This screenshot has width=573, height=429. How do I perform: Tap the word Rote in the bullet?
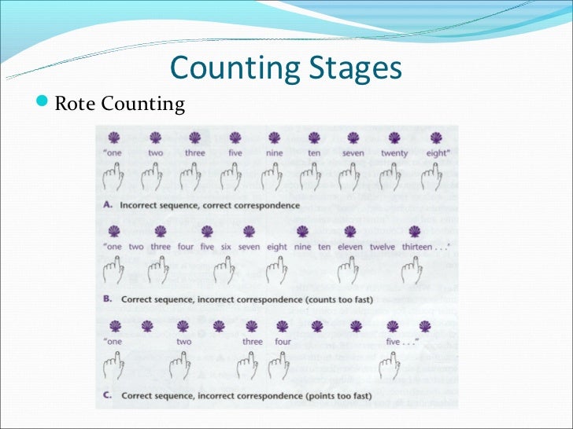(x=75, y=104)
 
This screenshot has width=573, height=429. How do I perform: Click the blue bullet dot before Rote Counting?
(x=44, y=104)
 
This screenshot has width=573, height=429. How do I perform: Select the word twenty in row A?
(x=394, y=153)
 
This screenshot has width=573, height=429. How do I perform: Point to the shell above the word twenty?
(x=394, y=137)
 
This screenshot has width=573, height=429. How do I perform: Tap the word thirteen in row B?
(x=417, y=247)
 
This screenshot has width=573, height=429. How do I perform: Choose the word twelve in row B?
(x=383, y=247)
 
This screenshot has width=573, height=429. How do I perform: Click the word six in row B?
(x=226, y=247)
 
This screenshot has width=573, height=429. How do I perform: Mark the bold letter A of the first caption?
(x=108, y=205)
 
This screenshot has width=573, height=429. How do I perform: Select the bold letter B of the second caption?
(x=108, y=299)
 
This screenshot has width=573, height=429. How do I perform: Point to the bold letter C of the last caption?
(x=108, y=395)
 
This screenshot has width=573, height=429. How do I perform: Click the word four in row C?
(x=283, y=342)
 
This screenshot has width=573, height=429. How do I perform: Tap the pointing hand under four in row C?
(x=277, y=365)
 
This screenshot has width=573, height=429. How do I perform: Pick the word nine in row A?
(x=275, y=153)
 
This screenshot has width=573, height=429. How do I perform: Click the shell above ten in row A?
(x=314, y=137)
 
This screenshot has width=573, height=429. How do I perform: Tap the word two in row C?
(x=183, y=342)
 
